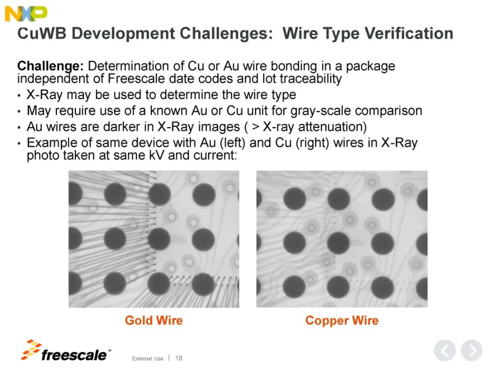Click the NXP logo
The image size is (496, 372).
pyautogui.click(x=26, y=14)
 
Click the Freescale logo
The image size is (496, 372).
pyautogui.click(x=66, y=351)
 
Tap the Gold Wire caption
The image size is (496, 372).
pyautogui.click(x=154, y=320)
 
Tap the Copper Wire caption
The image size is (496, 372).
pyautogui.click(x=342, y=321)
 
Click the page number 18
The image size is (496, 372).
pyautogui.click(x=179, y=358)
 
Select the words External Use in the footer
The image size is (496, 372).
pyautogui.click(x=148, y=358)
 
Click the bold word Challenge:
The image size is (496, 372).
pyautogui.click(x=51, y=67)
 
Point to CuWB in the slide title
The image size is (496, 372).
pyautogui.click(x=42, y=34)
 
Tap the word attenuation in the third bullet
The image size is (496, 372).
pyautogui.click(x=330, y=127)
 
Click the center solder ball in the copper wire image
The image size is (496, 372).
pyautogui.click(x=338, y=243)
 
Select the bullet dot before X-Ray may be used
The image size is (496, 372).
pyautogui.click(x=20, y=95)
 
